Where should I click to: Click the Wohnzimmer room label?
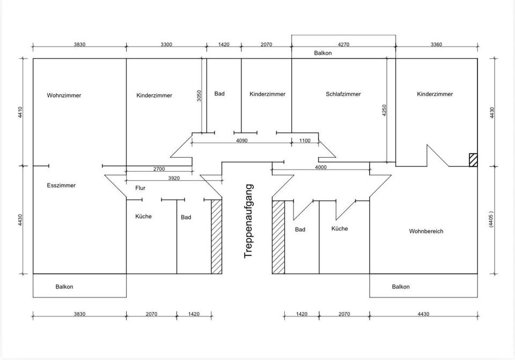click(x=64, y=95)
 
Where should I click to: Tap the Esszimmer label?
click(x=61, y=186)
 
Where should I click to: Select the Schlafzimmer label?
click(x=343, y=94)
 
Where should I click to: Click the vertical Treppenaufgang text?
click(x=249, y=221)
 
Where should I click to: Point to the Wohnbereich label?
click(x=426, y=231)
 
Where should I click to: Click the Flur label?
click(x=140, y=188)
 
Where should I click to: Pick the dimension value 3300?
click(x=166, y=45)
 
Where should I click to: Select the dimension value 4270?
click(x=343, y=45)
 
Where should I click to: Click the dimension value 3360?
click(x=436, y=45)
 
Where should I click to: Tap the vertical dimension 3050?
click(x=199, y=95)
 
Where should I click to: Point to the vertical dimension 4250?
click(x=384, y=111)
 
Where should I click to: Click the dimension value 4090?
click(x=242, y=141)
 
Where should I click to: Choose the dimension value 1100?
click(x=305, y=141)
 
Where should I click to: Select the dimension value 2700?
click(x=159, y=169)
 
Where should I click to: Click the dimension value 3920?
click(x=174, y=178)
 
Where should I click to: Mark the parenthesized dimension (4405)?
click(x=491, y=219)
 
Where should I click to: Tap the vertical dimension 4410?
click(x=20, y=112)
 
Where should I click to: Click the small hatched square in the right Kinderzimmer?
click(x=473, y=160)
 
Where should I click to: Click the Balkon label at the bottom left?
click(x=64, y=286)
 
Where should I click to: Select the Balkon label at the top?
click(x=323, y=53)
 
